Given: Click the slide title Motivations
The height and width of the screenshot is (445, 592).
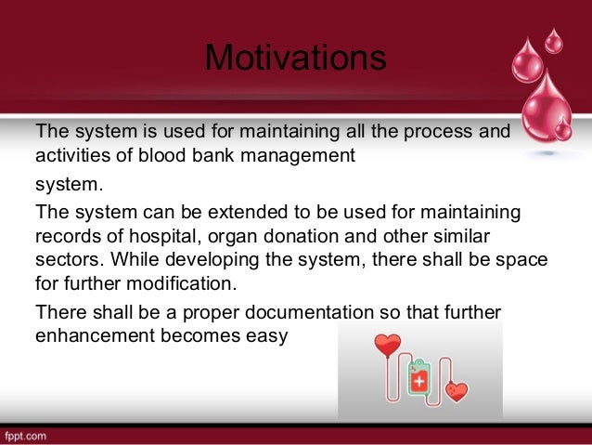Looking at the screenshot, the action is point(296,58).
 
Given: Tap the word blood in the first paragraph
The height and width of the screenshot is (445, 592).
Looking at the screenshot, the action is point(162,155).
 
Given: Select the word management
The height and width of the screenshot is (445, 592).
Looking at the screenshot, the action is point(298,156).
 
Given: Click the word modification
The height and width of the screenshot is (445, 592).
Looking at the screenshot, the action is point(182,283).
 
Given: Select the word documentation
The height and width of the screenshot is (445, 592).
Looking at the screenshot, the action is point(309,312).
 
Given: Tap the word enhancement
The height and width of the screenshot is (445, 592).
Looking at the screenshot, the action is point(96,335).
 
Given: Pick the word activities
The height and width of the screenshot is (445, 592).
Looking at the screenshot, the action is point(73,155).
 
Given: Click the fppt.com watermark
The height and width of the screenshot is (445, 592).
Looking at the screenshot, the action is point(26,437).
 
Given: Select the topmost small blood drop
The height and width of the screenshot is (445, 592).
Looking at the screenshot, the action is point(553,41).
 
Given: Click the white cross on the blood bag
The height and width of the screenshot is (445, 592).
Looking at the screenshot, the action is point(419,381).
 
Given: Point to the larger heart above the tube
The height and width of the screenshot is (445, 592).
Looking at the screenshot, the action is point(387,345).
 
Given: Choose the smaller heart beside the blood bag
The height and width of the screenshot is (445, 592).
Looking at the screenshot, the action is point(457,391).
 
